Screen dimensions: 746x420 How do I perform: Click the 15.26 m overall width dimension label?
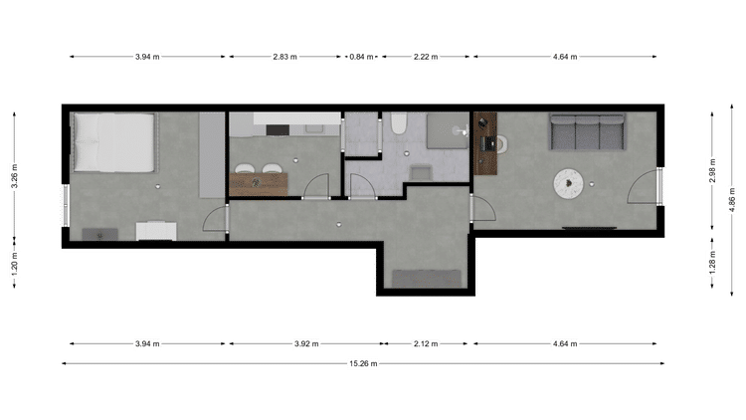tap(363, 364)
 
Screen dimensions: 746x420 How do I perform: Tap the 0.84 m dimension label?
tap(361, 57)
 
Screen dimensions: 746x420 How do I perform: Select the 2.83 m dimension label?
tap(284, 57)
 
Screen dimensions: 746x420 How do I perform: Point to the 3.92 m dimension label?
tap(306, 343)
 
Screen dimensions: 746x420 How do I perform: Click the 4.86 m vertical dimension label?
tap(732, 199)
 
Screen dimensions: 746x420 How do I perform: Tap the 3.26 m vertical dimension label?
tap(14, 176)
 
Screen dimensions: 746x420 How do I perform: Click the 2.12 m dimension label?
tap(426, 343)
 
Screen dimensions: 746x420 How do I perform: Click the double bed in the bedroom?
tap(114, 142)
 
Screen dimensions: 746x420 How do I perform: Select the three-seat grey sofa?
tap(587, 131)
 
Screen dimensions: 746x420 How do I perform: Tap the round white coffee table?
tap(568, 184)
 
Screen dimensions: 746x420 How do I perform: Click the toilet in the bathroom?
tap(399, 123)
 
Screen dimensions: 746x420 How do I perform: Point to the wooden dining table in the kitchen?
tap(259, 184)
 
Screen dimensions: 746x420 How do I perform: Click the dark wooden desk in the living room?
tap(485, 143)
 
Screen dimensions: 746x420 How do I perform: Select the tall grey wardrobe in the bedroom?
tap(212, 154)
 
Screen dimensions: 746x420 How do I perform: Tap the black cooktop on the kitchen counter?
tap(278, 130)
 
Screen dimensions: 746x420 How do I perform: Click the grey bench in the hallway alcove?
tap(427, 279)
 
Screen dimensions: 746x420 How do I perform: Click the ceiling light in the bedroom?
tap(158, 187)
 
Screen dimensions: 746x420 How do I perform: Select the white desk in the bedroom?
tap(156, 231)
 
